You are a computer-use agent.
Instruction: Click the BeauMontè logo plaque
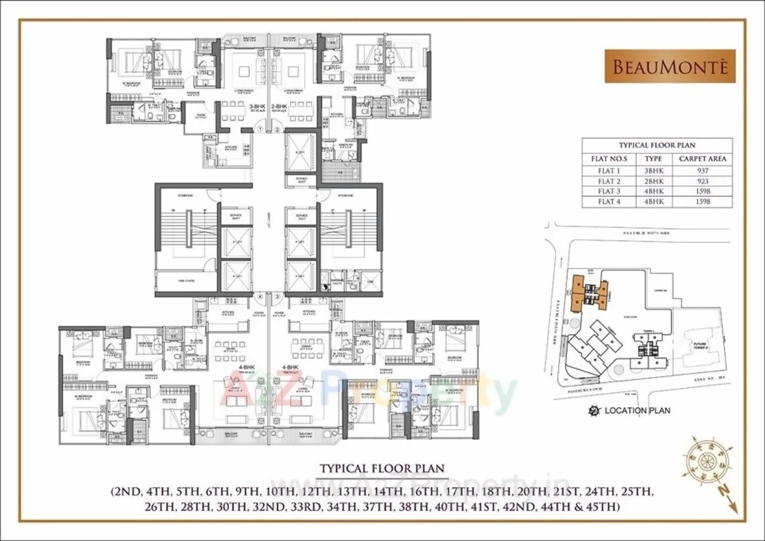point(670,66)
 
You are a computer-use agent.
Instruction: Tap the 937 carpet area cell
point(703,170)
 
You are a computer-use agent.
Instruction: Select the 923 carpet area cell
point(703,181)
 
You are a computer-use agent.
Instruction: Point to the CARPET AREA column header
point(703,159)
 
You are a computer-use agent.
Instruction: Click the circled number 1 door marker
point(261,128)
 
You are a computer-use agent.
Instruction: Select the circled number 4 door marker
point(260,296)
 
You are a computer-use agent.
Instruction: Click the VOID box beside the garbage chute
point(371,281)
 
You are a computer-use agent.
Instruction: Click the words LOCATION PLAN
point(637,411)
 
